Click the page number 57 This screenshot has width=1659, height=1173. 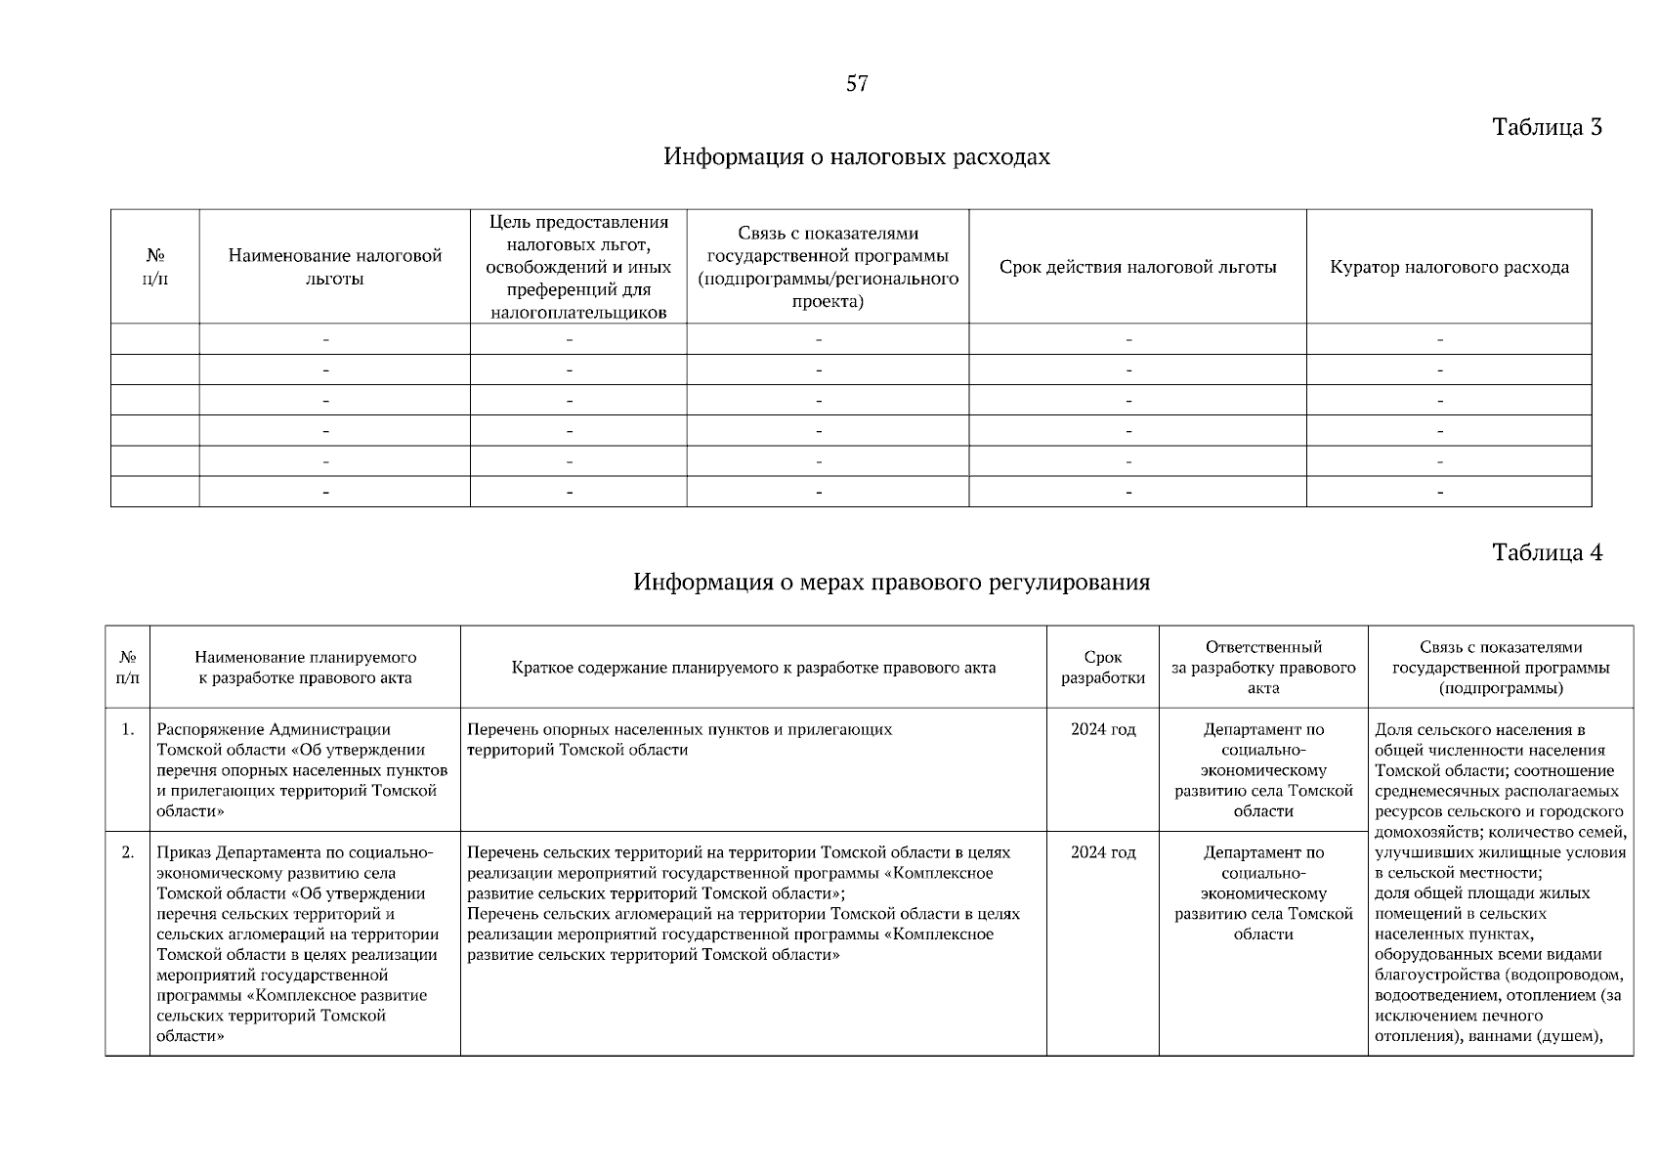[x=856, y=84]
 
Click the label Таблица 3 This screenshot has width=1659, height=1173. [x=1547, y=127]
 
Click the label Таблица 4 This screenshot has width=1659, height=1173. [x=1547, y=552]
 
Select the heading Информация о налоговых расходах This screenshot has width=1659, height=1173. [x=857, y=157]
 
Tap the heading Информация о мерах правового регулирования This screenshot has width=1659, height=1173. [x=891, y=583]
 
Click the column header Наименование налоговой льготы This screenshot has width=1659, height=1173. [x=335, y=267]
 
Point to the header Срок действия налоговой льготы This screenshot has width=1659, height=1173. [x=1137, y=267]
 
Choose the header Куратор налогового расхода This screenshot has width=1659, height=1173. [x=1449, y=267]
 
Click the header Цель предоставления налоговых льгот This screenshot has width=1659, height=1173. [x=578, y=267]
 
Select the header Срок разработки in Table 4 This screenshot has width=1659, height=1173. [x=1103, y=668]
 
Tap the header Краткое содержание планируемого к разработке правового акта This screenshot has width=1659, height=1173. [x=753, y=668]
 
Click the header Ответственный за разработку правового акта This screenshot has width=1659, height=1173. [x=1263, y=667]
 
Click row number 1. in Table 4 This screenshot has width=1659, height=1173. [x=128, y=729]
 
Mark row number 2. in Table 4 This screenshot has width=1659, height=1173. [x=128, y=852]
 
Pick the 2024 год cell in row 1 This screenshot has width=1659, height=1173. [x=1103, y=729]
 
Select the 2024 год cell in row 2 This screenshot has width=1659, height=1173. [x=1103, y=852]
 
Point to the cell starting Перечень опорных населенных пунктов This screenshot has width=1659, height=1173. [x=679, y=740]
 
